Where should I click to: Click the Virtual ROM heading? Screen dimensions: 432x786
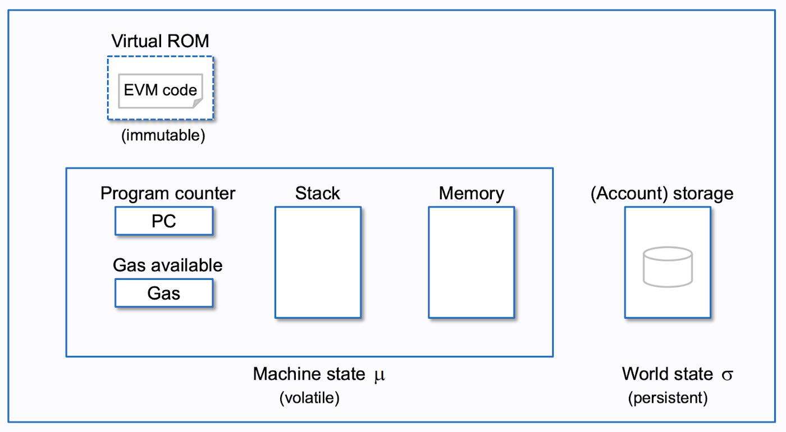[160, 41]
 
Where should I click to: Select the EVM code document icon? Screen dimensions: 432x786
[160, 90]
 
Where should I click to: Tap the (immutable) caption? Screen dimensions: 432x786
[163, 135]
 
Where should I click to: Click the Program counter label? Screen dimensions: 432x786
[168, 194]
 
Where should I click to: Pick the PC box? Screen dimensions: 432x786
[164, 221]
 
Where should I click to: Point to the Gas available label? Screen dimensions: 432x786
[168, 265]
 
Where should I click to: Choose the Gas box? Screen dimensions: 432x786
[164, 293]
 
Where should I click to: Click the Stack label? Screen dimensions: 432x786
[318, 194]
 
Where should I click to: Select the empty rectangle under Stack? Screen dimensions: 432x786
[318, 262]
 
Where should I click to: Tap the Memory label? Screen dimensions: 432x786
[471, 194]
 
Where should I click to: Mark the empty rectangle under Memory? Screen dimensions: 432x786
[471, 262]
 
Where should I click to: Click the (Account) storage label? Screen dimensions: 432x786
[662, 194]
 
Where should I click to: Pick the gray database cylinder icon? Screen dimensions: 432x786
[668, 267]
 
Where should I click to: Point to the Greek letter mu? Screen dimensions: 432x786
[380, 374]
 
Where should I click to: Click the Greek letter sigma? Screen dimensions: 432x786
[727, 374]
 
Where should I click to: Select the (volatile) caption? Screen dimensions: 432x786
[309, 398]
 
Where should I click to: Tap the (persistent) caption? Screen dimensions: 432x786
[668, 398]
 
